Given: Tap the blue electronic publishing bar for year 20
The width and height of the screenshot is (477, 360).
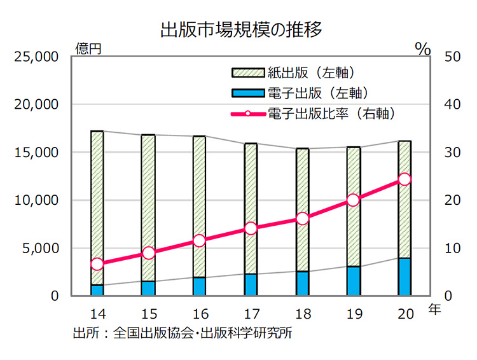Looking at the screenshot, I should coord(404,277).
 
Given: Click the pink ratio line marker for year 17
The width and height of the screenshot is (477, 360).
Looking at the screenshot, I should coord(251,228).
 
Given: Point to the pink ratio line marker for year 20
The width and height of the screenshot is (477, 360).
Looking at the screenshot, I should coord(404,179).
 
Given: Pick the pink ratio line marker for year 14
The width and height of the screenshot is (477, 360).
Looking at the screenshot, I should coord(97,264).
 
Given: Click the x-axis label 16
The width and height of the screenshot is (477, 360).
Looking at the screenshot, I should coord(200,314).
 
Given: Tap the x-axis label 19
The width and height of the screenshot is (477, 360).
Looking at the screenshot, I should coord(354,314).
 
